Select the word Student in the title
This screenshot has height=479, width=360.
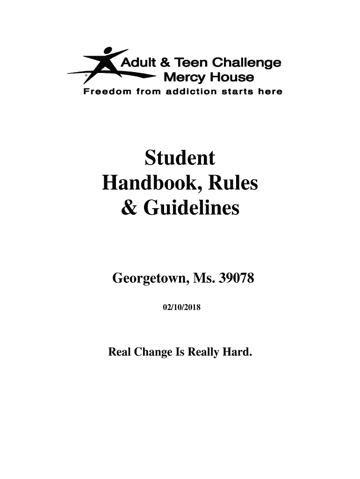180,159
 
